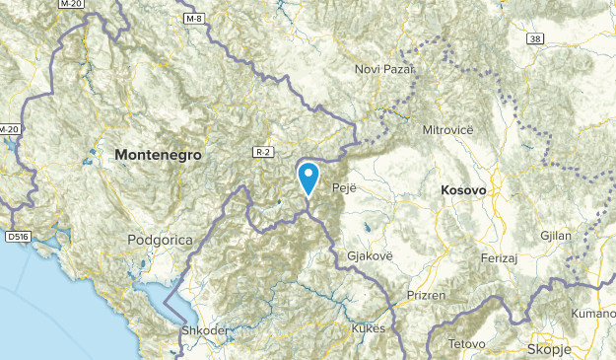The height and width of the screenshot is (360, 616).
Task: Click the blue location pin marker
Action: tap(309, 178)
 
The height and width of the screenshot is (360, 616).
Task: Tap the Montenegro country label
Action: tap(158, 156)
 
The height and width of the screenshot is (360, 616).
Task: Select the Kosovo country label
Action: tap(460, 188)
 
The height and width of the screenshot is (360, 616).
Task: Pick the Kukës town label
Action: tap(368, 328)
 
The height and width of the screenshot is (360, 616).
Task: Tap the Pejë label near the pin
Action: tap(344, 186)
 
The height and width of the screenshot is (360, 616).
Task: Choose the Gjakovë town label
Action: tap(370, 255)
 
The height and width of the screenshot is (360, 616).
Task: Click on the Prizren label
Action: tap(426, 295)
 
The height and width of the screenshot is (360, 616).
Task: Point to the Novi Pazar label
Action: tap(385, 69)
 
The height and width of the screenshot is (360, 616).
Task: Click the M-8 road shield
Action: tap(193, 18)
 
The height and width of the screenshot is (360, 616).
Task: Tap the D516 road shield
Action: tap(16, 237)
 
